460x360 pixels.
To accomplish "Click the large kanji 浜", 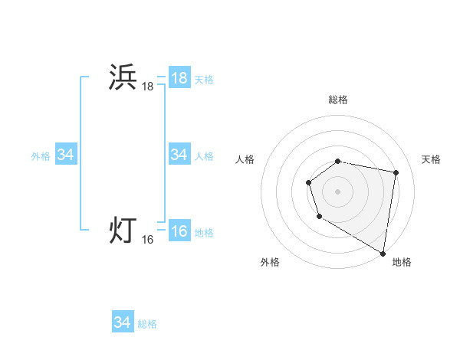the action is coord(123,78).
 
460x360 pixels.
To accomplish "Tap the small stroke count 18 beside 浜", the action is coord(147,87).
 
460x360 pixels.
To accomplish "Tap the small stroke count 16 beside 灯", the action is coord(147,240).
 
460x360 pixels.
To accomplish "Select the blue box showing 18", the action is coord(179,78).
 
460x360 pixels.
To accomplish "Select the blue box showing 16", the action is coord(179,231).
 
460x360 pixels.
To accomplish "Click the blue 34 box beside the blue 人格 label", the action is coord(179,155).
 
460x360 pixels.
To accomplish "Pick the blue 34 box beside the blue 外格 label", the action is coord(65,155).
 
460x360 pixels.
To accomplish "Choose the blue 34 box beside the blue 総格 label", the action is coord(122,322).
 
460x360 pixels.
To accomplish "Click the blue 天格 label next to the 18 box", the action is coord(204,80).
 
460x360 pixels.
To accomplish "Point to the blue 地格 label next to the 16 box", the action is coord(204,233).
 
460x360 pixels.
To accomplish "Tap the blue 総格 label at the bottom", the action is coord(147,324).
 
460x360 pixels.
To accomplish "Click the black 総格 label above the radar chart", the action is coord(338,100).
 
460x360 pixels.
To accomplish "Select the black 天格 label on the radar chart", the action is coord(431,159).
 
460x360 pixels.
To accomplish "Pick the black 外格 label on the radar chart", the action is coord(270,262).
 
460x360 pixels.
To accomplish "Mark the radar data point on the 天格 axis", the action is coord(396,173).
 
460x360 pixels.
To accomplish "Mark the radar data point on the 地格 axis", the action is coord(383,252).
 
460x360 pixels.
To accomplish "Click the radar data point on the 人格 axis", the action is coord(308,182).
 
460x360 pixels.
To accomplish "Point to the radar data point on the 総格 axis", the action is coord(338,161).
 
